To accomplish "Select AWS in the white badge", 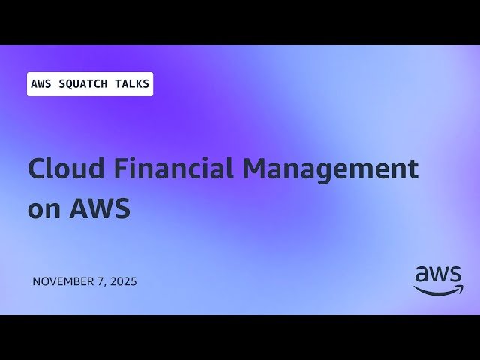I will point(40,84).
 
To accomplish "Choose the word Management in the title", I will point(330,169).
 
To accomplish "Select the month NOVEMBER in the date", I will point(65,282).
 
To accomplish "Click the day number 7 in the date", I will point(106,282).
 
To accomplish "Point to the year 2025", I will point(125,282).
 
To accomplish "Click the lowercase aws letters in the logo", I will point(439,274).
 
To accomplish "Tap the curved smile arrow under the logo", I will point(439,290).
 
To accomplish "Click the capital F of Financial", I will point(122,169).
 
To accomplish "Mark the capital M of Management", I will point(254,169).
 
